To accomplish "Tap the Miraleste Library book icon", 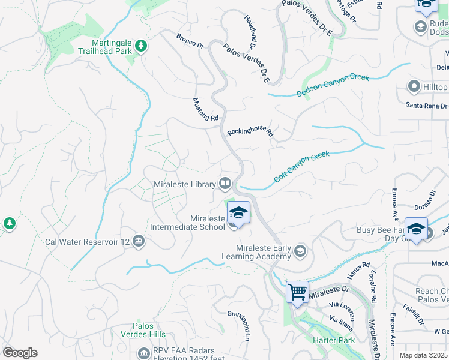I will tap(225, 182).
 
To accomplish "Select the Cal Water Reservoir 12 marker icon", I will tap(139, 241).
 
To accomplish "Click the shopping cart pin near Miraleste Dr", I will tap(297, 293).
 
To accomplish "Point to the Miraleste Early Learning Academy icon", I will tap(300, 250).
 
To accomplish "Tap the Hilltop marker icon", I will tap(414, 87).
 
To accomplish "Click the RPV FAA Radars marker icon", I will tap(143, 353).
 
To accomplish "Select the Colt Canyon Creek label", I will tap(302, 166).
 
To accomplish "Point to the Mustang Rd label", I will tap(205, 110).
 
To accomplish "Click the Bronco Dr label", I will tap(190, 41).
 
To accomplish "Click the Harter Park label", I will tap(330, 340).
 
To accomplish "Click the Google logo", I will tap(20, 352).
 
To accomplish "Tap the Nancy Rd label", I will tap(358, 272).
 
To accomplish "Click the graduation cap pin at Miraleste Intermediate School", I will tap(238, 214).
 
